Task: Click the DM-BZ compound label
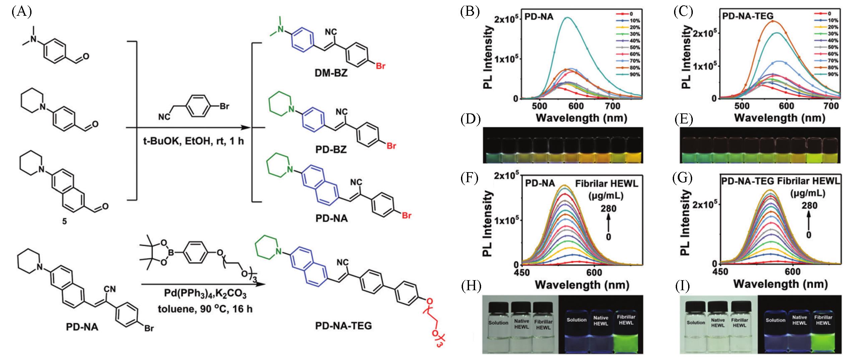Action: point(331,73)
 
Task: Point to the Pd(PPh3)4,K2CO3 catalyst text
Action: point(205,295)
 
